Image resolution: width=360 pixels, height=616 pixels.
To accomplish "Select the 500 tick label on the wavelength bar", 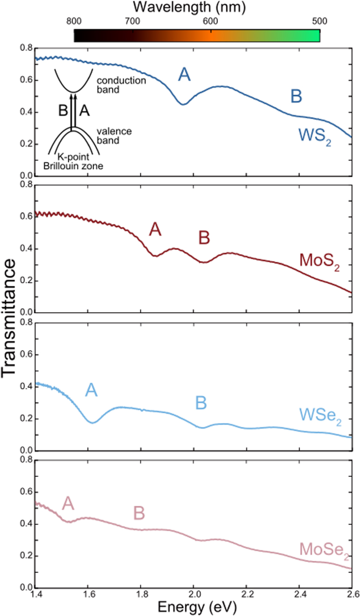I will point(319,21).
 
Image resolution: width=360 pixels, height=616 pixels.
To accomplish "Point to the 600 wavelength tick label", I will point(211,21).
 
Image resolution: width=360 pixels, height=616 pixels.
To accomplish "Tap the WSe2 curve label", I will point(320,415).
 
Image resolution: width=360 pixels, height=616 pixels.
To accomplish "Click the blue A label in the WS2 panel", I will point(185,75).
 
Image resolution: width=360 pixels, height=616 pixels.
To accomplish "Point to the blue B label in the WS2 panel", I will point(296,97).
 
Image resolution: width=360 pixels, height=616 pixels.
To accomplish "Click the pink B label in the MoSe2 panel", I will point(139,513).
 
